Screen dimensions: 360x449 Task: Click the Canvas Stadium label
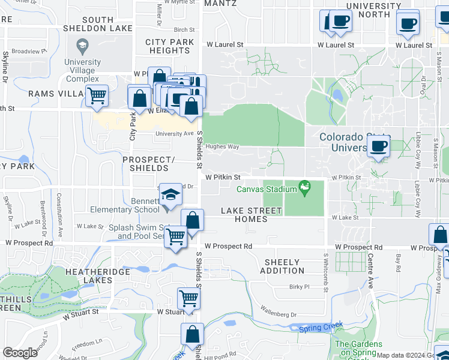pyautogui.click(x=267, y=190)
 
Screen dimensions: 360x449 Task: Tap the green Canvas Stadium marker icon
pyautogui.click(x=306, y=189)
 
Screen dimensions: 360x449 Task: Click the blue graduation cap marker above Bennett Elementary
pyautogui.click(x=170, y=194)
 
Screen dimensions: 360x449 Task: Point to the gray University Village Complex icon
pyautogui.click(x=82, y=46)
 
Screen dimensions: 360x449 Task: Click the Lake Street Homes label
pyautogui.click(x=251, y=215)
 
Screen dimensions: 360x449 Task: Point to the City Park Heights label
pyautogui.click(x=170, y=46)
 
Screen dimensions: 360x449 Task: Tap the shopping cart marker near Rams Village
pyautogui.click(x=97, y=96)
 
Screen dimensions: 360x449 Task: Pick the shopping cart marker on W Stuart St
pyautogui.click(x=188, y=298)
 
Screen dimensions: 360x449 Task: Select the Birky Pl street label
pyautogui.click(x=298, y=287)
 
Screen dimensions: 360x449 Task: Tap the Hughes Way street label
pyautogui.click(x=222, y=146)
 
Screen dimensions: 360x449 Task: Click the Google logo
pyautogui.click(x=20, y=353)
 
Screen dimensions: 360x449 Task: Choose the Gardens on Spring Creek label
pyautogui.click(x=358, y=348)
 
